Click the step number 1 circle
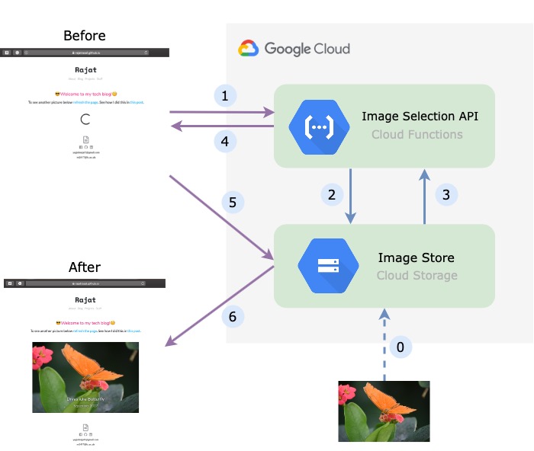(x=225, y=96)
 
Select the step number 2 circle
(x=331, y=194)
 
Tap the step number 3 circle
(x=446, y=194)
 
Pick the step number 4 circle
(x=225, y=141)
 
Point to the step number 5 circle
(x=233, y=203)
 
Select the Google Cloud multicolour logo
(x=249, y=49)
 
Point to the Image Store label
(x=417, y=257)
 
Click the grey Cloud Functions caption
(x=417, y=135)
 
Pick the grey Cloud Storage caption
(x=417, y=275)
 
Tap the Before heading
(x=85, y=36)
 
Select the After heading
(x=85, y=267)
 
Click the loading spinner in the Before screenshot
(x=86, y=119)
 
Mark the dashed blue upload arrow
(x=384, y=343)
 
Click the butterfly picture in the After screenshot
(x=85, y=377)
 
